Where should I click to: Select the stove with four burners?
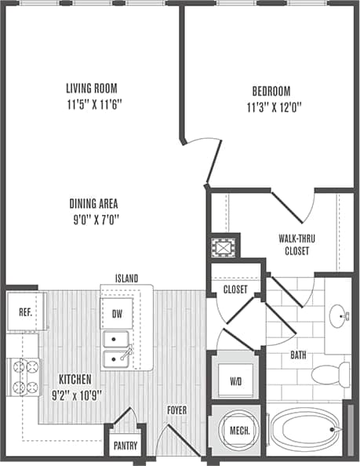pyautogui.click(x=24, y=375)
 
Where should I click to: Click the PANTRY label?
pyautogui.click(x=125, y=446)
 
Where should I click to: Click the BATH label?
pyautogui.click(x=298, y=355)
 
